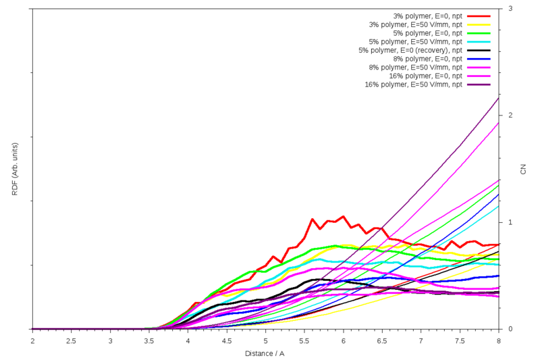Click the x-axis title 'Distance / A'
(265, 353)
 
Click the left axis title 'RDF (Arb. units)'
(15, 169)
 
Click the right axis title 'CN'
(524, 169)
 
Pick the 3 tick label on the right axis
(509, 9)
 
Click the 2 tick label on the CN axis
(509, 115)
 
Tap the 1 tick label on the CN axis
(509, 222)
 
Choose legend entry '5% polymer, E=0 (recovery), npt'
(410, 50)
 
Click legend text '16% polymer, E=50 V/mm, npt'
(413, 84)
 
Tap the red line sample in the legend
(479, 16)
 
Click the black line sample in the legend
(479, 50)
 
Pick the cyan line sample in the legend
(479, 41)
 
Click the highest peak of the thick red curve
(343, 217)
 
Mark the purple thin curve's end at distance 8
(499, 98)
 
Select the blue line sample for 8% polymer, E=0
(479, 59)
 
